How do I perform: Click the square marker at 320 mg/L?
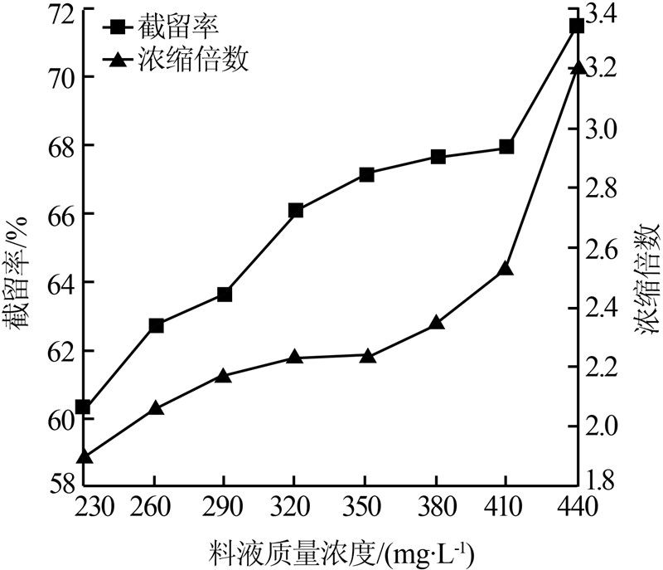click(x=296, y=211)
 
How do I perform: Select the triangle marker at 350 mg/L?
click(x=366, y=356)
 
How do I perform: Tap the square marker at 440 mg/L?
click(x=577, y=26)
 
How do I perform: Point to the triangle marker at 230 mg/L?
click(x=84, y=456)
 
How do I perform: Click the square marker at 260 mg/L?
click(x=155, y=325)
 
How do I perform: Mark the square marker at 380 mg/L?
click(x=438, y=157)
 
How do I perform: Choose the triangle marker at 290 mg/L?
click(x=225, y=375)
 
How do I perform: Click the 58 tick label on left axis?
click(x=55, y=483)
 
